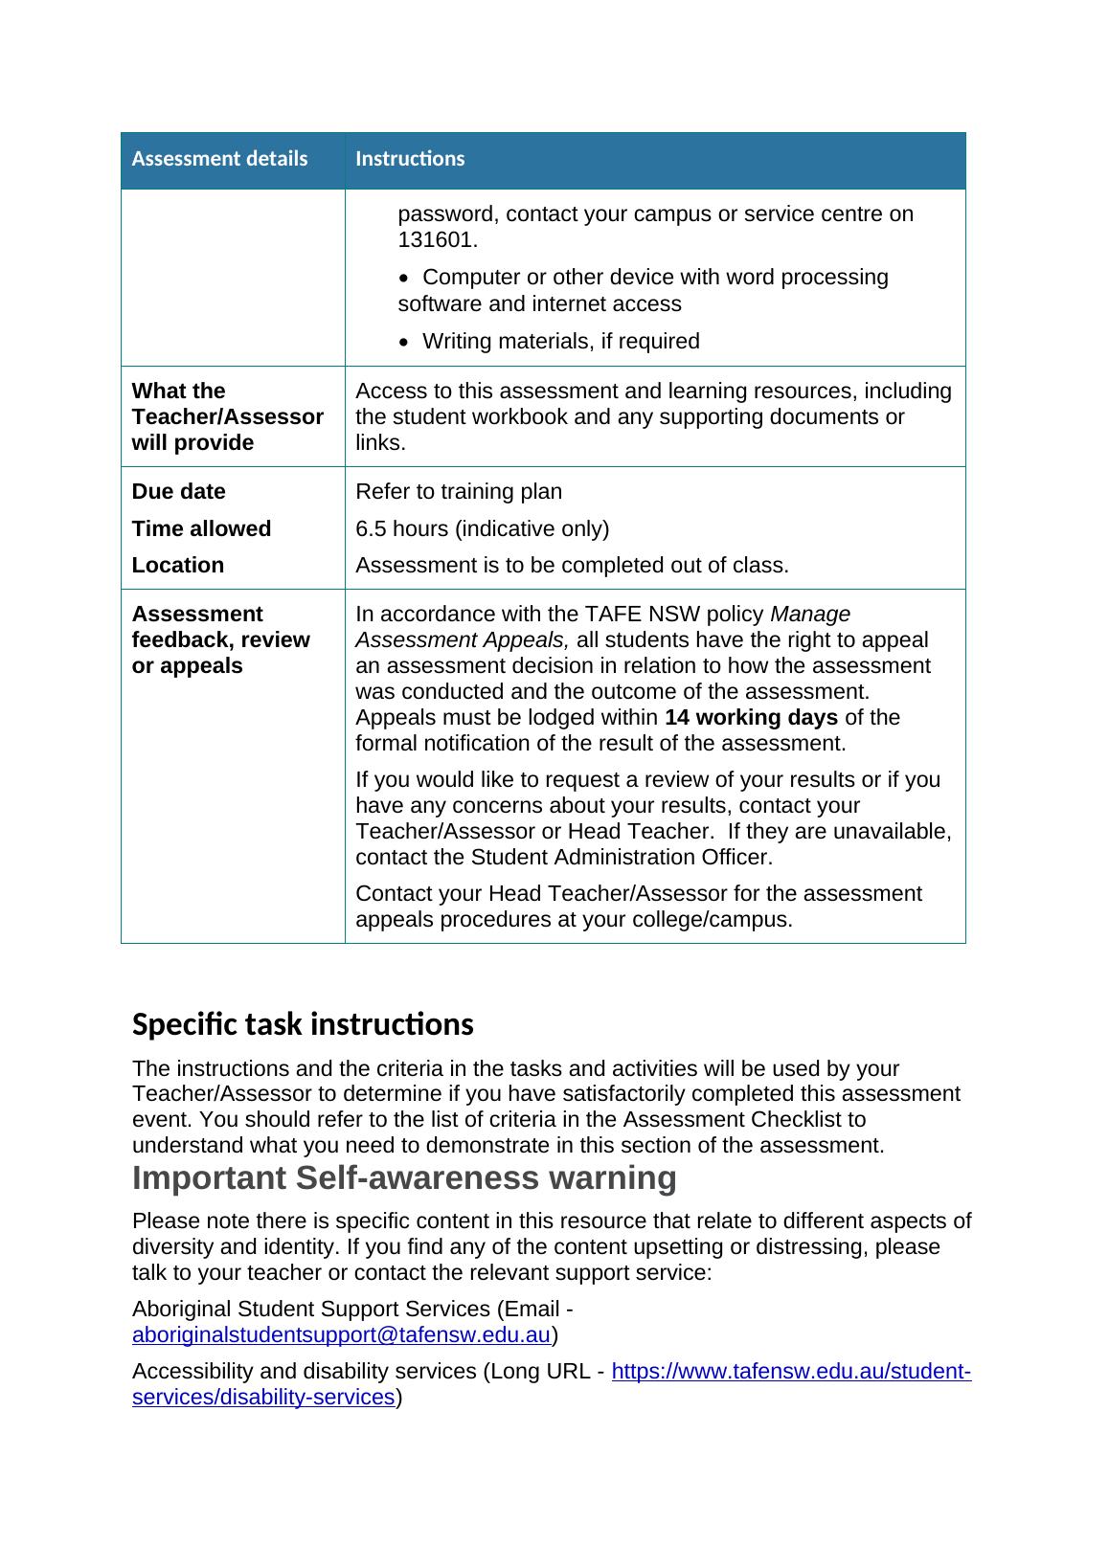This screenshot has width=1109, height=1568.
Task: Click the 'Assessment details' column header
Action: [219, 159]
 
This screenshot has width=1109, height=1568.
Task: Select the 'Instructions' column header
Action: [410, 159]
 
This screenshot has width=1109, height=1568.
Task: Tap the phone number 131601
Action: [437, 240]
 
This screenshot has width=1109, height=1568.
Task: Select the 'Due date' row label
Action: [179, 492]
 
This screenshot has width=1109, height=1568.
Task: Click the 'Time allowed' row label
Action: [201, 529]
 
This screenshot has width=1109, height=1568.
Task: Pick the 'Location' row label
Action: [178, 566]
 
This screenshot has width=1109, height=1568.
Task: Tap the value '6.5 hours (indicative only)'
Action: [482, 529]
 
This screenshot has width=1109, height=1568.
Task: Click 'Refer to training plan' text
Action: [459, 492]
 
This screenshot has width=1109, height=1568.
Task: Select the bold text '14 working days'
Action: [751, 718]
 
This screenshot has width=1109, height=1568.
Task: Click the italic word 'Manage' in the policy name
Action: [810, 615]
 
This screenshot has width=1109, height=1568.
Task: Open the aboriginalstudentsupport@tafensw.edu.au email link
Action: [341, 1335]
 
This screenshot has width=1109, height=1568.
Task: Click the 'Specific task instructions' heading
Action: [303, 1025]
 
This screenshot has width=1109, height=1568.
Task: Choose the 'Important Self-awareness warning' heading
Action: [404, 1178]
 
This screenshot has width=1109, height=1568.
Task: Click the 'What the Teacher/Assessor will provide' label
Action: [227, 417]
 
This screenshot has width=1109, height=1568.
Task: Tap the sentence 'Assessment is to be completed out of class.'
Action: [572, 566]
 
